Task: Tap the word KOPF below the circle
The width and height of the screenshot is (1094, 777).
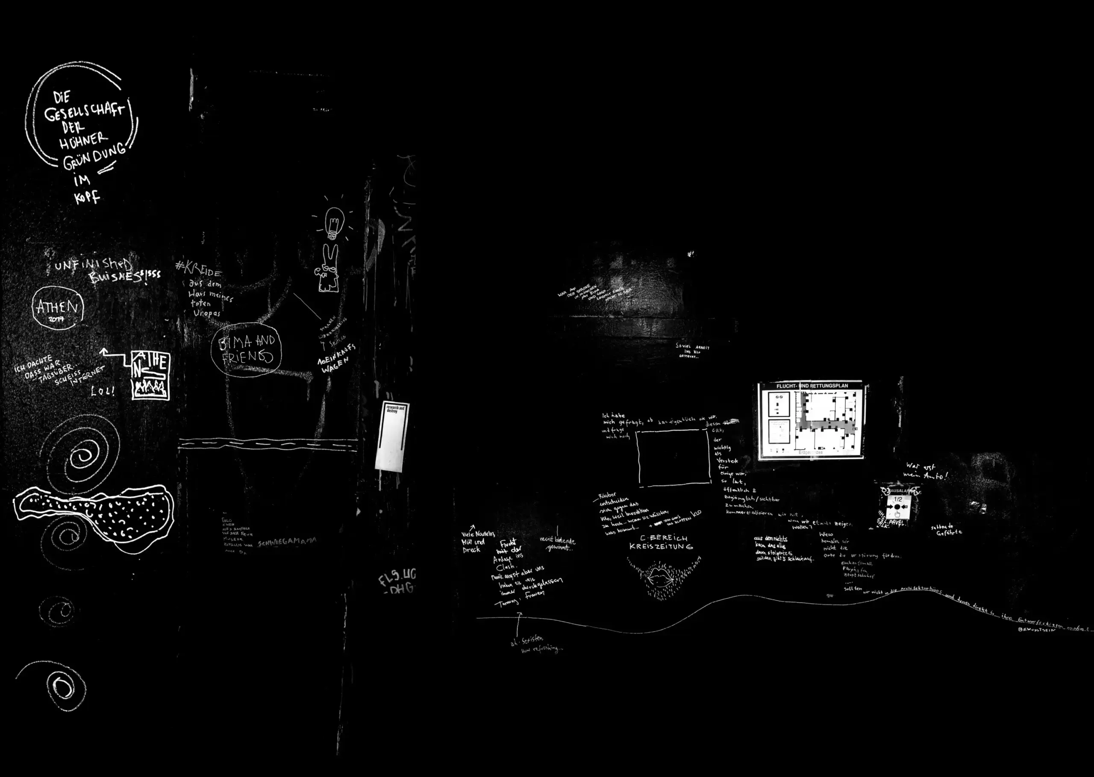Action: (87, 196)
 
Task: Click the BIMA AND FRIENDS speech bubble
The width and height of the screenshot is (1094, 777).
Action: (246, 350)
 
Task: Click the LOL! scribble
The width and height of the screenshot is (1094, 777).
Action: (103, 391)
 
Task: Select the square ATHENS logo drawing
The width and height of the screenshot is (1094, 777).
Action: (150, 375)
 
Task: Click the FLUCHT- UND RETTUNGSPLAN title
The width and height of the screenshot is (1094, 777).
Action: (812, 386)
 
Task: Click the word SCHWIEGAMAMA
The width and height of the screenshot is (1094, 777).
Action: (287, 542)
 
